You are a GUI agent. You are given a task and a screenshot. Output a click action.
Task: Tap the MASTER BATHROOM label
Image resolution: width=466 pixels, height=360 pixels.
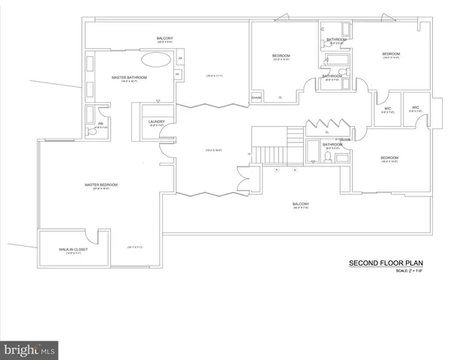pyautogui.click(x=129, y=77)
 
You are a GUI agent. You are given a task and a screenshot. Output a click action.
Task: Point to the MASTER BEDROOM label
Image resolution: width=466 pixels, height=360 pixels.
pyautogui.click(x=101, y=184)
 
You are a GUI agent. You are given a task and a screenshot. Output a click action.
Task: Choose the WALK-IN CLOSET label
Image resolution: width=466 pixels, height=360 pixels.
pyautogui.click(x=73, y=249)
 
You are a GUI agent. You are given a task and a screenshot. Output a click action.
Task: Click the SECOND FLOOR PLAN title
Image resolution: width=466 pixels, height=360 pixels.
pyautogui.click(x=382, y=263)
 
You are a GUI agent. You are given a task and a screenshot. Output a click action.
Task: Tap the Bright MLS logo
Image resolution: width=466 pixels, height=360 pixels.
pyautogui.click(x=29, y=350)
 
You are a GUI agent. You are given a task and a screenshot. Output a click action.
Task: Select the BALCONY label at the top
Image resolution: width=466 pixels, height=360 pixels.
pyautogui.click(x=164, y=38)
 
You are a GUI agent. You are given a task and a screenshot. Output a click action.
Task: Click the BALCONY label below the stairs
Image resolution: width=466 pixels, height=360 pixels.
pyautogui.click(x=301, y=203)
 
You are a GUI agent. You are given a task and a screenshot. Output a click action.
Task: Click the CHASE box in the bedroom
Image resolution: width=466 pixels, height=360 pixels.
pyautogui.click(x=256, y=97)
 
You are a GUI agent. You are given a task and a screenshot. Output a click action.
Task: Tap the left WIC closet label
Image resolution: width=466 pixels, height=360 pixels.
pyautogui.click(x=388, y=108)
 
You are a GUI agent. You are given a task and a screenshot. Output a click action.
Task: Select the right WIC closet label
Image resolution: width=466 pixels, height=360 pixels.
pyautogui.click(x=415, y=107)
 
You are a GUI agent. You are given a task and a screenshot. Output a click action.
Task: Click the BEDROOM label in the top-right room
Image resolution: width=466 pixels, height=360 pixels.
pyautogui.click(x=390, y=54)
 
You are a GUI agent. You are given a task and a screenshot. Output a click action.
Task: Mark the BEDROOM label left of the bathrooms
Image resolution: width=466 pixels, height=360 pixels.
pyautogui.click(x=281, y=55)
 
